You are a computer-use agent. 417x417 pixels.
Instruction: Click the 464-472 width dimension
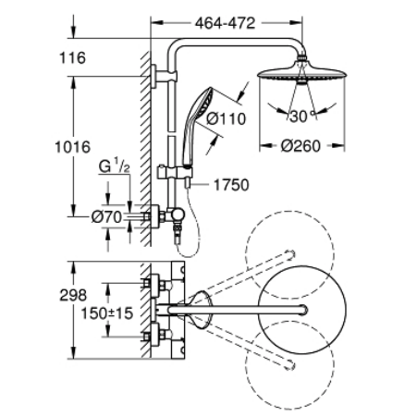pyautogui.click(x=221, y=20)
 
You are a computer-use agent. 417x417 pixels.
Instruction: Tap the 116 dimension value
pyautogui.click(x=71, y=58)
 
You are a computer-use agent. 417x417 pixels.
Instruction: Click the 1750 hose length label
pyautogui.click(x=231, y=185)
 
